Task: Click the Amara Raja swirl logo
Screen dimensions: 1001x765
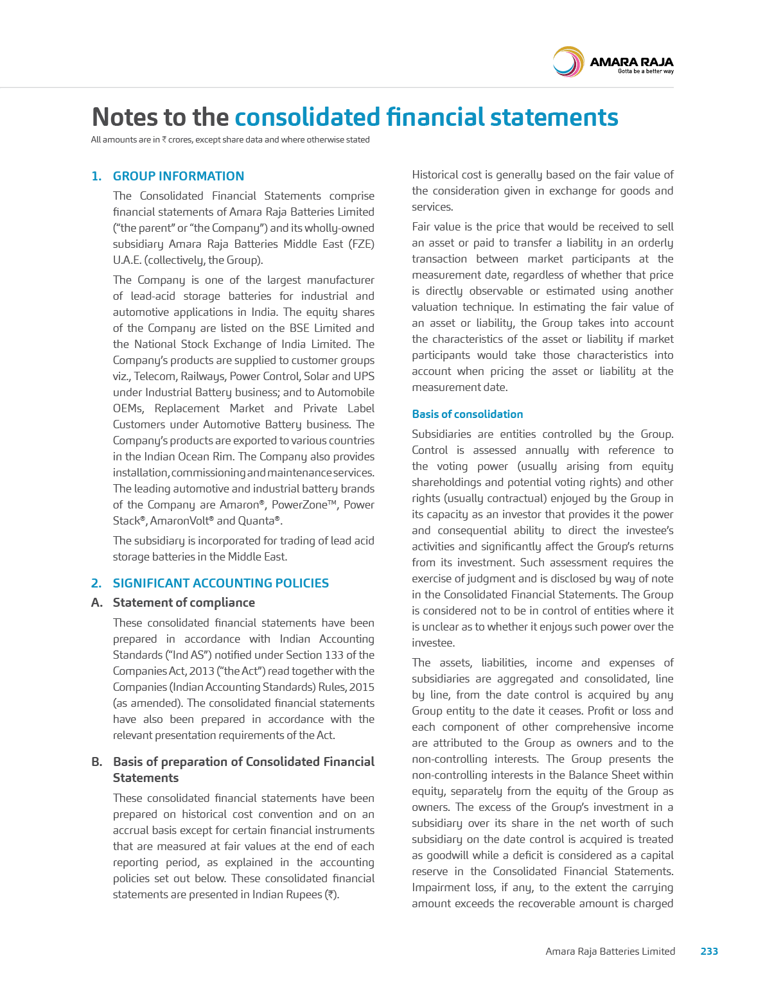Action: pos(568,62)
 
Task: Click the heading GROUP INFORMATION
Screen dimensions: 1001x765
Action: pos(178,176)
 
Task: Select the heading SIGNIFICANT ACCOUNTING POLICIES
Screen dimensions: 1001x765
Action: pos(220,583)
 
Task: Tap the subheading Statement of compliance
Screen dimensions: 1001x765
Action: pos(184,602)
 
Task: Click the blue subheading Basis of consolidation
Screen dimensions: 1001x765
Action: pos(467,414)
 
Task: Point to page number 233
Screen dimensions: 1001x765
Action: pos(708,951)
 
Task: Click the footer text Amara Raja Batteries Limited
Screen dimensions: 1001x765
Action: pos(610,951)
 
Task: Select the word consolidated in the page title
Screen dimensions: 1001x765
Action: pos(306,117)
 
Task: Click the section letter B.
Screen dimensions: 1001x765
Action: pos(96,762)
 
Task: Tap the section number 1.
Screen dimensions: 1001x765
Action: pos(96,176)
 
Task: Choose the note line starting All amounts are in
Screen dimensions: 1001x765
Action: pos(230,139)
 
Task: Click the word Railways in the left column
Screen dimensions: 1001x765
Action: pos(202,376)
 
